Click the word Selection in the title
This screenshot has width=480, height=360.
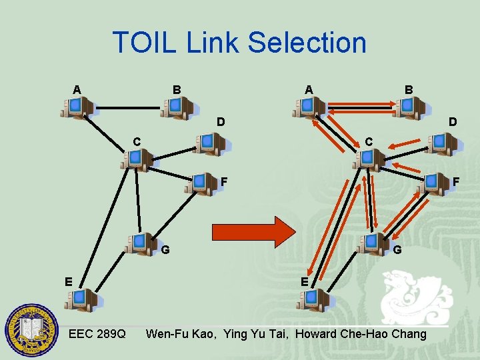point(307,43)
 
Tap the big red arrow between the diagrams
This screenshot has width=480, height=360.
point(253,231)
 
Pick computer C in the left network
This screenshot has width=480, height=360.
point(138,160)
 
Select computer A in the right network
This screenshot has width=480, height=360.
point(309,107)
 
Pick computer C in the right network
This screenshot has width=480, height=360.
point(369,160)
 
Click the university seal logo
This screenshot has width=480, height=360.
point(31,331)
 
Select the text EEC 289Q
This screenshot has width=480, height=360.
point(97,333)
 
